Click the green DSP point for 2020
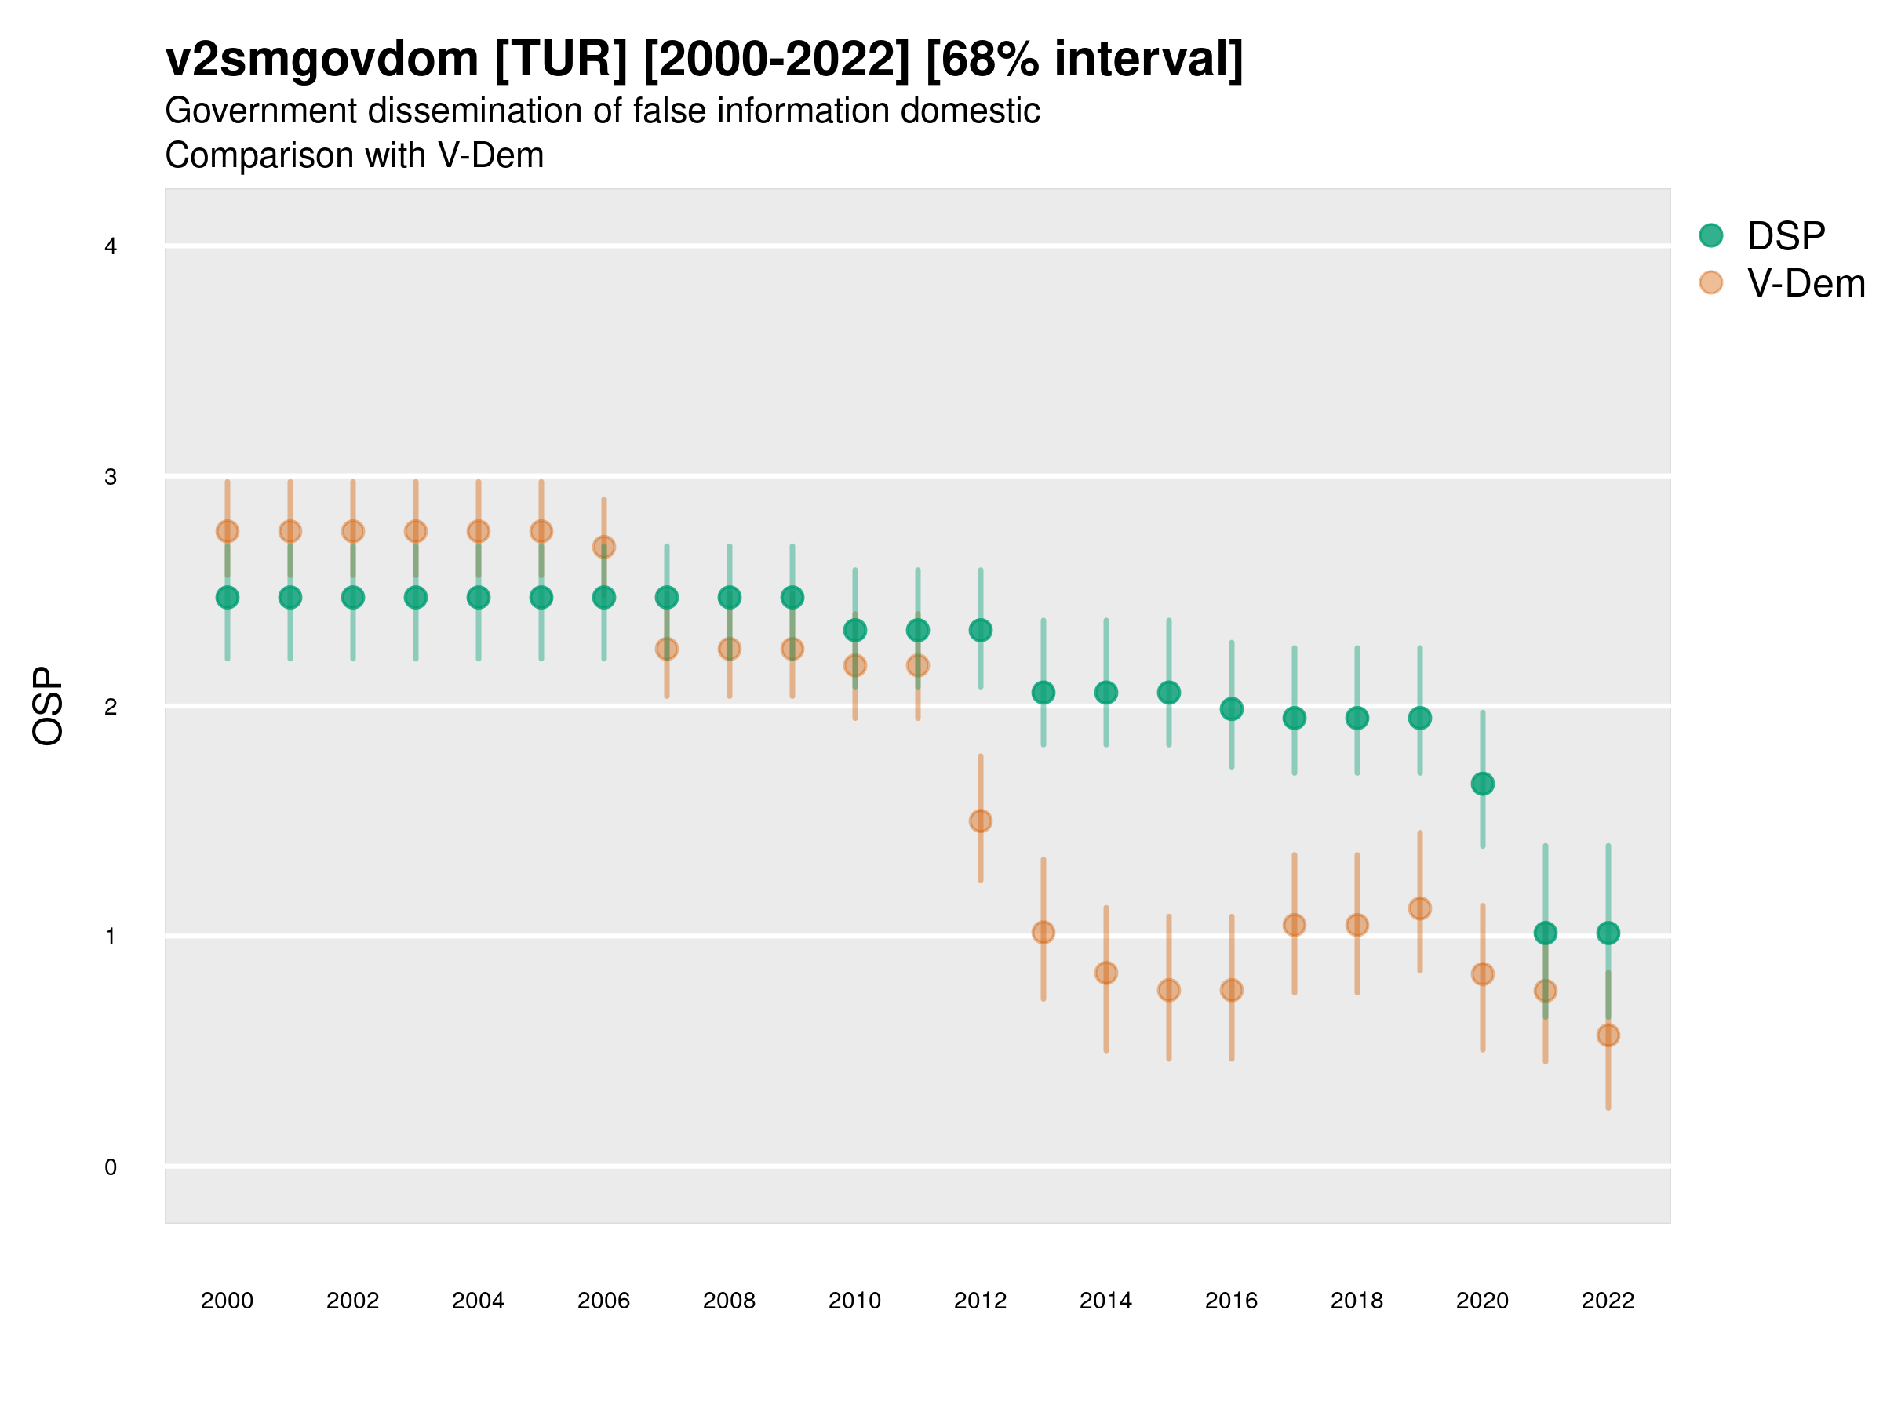[x=1482, y=783]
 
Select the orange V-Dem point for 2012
[x=981, y=821]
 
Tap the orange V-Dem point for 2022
[x=1608, y=1035]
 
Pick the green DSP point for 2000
[x=228, y=598]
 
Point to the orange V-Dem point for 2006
[x=603, y=547]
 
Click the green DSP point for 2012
[x=981, y=630]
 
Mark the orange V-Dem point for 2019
[x=1420, y=908]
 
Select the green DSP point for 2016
[x=1232, y=708]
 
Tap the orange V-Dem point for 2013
[x=1043, y=932]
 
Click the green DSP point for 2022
[x=1608, y=933]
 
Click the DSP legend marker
[x=1710, y=235]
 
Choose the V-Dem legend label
[x=1805, y=283]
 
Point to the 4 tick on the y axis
[x=111, y=247]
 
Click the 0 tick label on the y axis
[x=111, y=1167]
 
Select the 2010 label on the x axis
[x=854, y=1301]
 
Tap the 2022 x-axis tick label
[x=1608, y=1301]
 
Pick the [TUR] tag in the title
[x=561, y=60]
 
